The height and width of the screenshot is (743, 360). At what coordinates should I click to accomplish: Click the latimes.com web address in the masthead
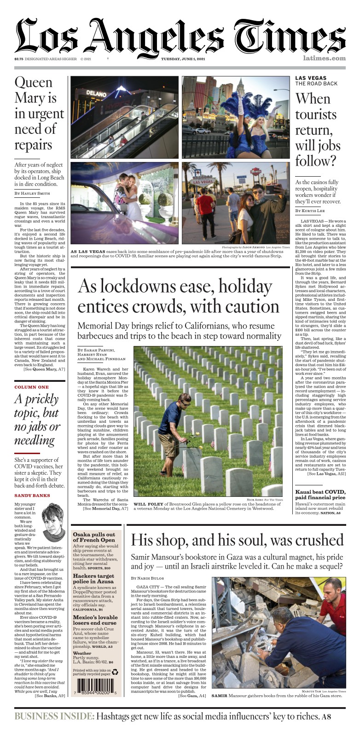(x=324, y=58)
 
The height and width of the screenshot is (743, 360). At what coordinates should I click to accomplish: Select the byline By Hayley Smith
(x=32, y=194)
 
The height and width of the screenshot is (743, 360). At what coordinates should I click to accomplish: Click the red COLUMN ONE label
(x=31, y=387)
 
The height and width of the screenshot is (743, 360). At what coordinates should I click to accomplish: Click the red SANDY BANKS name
(x=32, y=495)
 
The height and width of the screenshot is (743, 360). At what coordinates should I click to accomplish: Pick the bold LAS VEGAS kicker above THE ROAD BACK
(x=311, y=78)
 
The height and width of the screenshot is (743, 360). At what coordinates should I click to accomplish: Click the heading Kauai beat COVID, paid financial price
(x=320, y=495)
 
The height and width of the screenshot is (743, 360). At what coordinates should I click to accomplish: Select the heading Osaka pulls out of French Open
(x=94, y=537)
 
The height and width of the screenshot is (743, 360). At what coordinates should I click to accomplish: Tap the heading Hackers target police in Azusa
(x=93, y=579)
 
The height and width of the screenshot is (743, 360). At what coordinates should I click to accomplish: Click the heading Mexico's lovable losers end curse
(x=95, y=620)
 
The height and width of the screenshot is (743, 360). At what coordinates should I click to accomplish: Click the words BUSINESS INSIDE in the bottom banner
(x=54, y=729)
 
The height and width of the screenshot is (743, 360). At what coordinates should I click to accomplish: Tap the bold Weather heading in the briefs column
(x=82, y=653)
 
